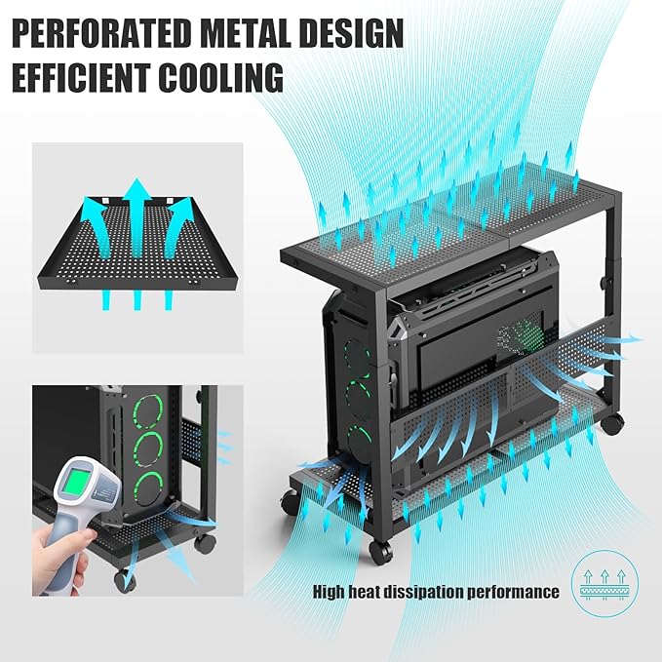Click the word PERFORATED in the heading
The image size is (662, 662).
pyautogui.click(x=103, y=33)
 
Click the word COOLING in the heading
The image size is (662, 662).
pyautogui.click(x=223, y=76)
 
